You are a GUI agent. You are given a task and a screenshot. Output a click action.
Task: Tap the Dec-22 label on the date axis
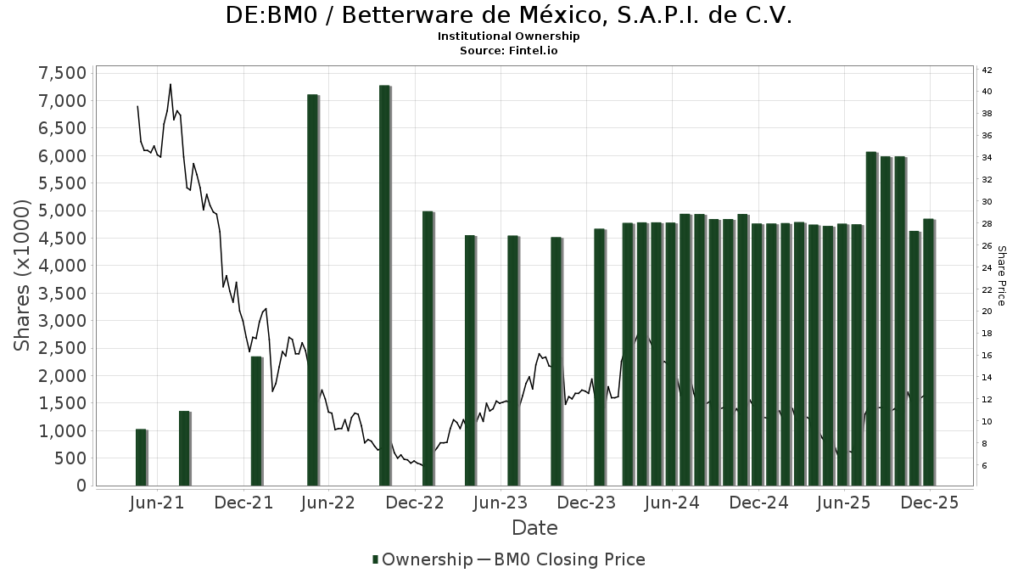coord(416,503)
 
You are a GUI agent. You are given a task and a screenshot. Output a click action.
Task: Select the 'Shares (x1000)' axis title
coord(23,276)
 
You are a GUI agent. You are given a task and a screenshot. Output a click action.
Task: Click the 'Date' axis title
coord(534,528)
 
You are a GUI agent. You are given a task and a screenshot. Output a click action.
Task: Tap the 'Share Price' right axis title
coord(1001,276)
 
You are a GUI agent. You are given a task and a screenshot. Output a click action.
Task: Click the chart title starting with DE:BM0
coord(509,15)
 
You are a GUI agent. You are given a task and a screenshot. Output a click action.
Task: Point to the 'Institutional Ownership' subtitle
coord(509,37)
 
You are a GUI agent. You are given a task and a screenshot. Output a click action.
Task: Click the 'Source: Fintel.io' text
coord(509,50)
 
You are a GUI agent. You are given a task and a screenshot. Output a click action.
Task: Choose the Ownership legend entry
coord(422,559)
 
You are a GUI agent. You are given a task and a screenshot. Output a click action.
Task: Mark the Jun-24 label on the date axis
coord(673,503)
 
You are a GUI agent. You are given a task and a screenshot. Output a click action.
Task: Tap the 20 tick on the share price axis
coord(987,312)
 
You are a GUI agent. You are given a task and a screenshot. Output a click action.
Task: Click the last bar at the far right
coord(928,351)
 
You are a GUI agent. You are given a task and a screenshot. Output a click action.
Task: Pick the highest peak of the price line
coord(171,84)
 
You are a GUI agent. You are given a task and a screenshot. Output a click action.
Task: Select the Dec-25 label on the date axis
coord(930,503)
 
